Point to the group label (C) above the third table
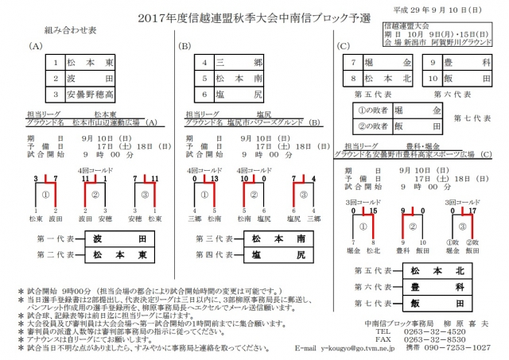point(344,47)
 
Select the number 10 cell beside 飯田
point(429,79)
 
